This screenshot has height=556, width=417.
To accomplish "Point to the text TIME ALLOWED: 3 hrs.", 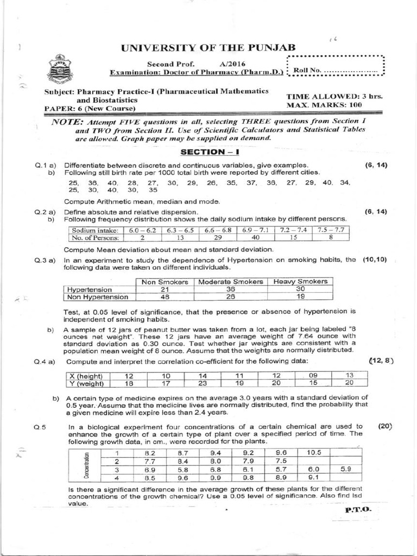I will pos(334,96).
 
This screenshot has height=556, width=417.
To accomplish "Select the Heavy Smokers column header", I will pos(300,282).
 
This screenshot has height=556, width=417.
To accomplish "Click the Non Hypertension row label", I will pos(98,297).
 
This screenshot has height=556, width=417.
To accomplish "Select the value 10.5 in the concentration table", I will pos(314,452).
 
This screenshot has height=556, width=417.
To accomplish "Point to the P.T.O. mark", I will pos(357,510).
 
